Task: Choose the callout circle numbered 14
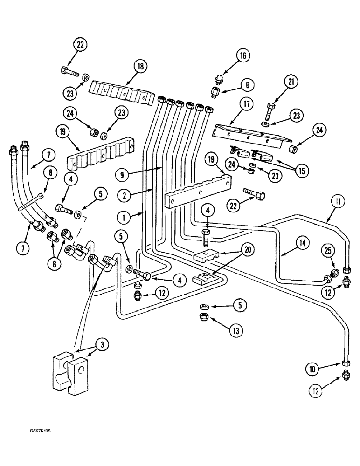[302, 242]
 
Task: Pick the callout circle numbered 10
[312, 370]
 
